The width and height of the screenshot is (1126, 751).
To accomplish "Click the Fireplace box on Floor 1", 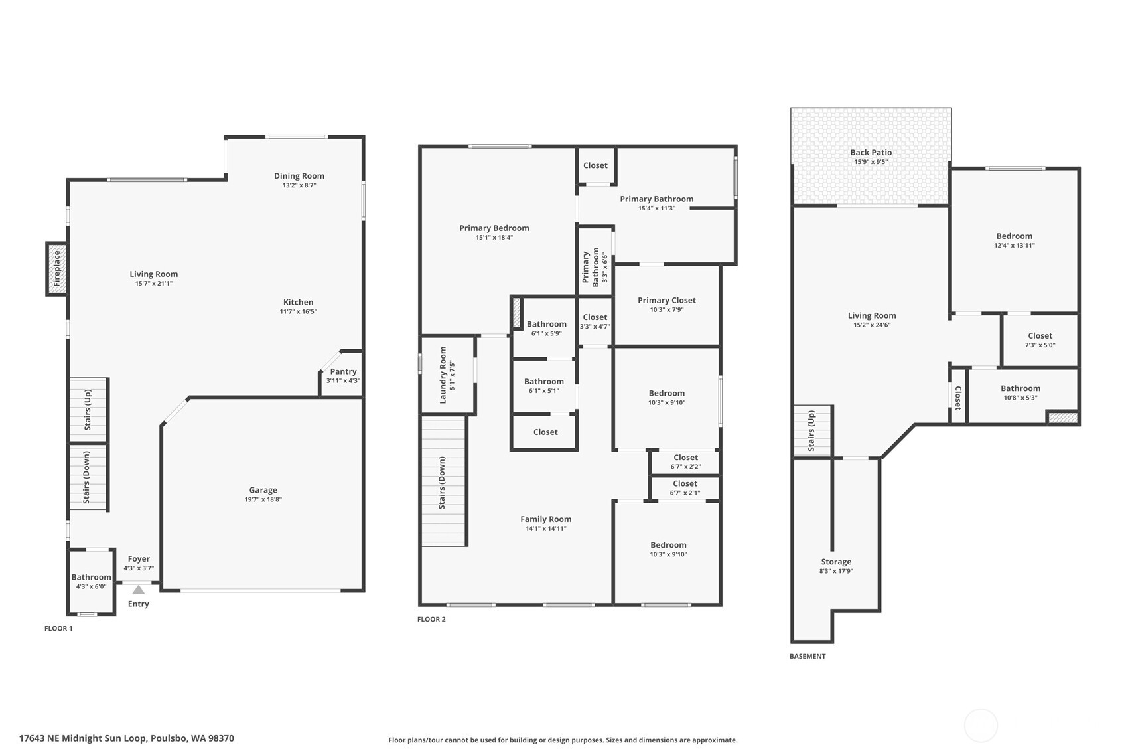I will point(56,269).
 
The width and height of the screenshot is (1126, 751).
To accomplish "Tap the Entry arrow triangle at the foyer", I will point(138,590).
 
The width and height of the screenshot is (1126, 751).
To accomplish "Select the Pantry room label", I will point(343,372).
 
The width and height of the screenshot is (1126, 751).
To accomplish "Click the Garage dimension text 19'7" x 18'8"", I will point(263,499).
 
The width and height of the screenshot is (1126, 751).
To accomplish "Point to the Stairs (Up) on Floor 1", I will point(88,410).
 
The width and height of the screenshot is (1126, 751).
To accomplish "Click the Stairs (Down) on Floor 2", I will point(443,483).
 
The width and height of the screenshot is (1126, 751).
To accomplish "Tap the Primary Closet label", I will point(666,301).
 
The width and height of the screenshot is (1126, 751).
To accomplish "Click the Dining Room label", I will point(299,176).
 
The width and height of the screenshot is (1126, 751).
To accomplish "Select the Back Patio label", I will point(871,153).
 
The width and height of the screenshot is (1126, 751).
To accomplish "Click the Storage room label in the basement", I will point(836,562).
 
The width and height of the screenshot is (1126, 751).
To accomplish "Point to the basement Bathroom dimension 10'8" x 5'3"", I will point(1020,398).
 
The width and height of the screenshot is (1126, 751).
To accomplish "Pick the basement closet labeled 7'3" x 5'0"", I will point(1040,340).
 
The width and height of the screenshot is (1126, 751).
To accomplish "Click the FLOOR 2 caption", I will point(431,619).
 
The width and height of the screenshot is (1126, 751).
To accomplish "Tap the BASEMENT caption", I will point(808,656).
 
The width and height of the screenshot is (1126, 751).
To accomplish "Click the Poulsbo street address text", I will point(126,738).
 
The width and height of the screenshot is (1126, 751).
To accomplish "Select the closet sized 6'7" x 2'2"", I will point(685,461).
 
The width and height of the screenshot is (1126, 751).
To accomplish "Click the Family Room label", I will point(545,519).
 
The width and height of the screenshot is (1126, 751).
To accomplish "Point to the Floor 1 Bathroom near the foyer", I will point(91,581).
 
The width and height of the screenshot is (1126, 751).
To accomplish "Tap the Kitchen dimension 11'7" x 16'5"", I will point(298,311).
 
